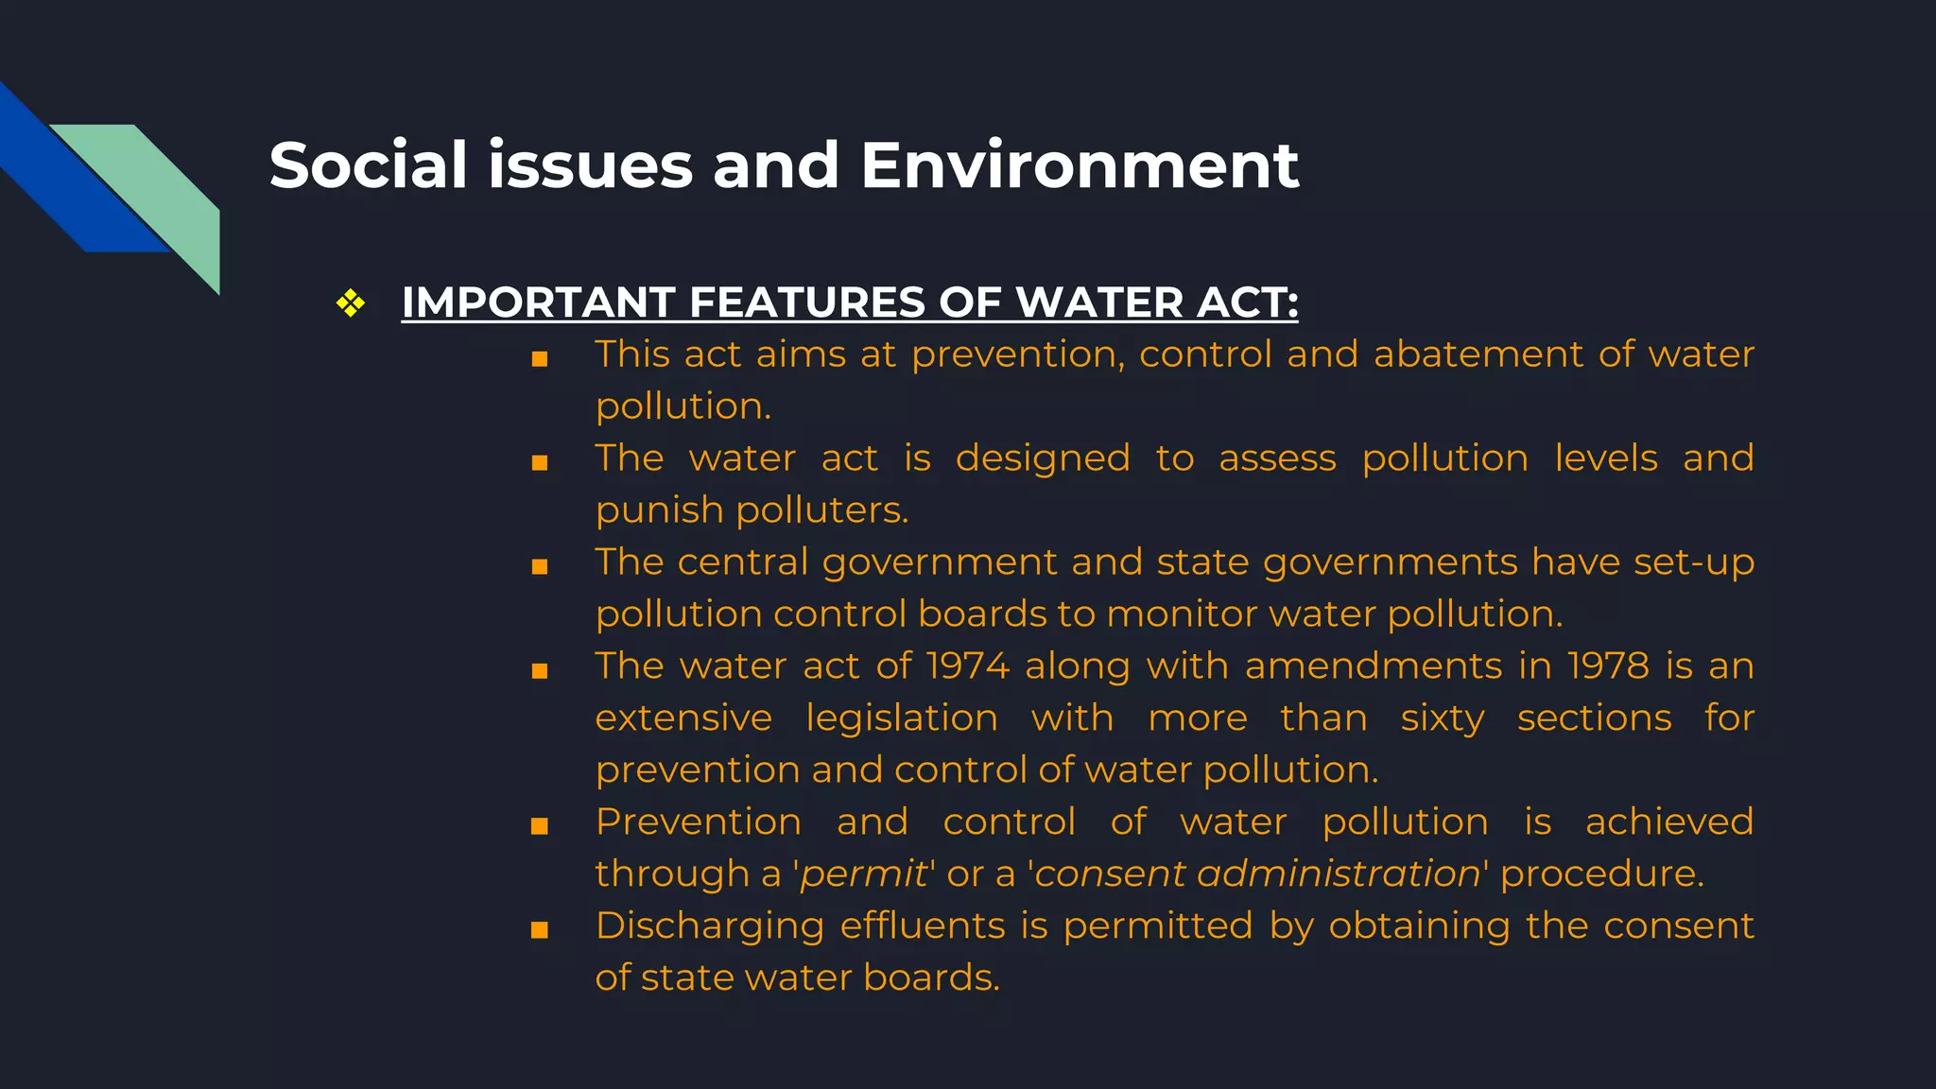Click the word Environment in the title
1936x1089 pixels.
pyautogui.click(x=1080, y=165)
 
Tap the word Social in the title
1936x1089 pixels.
pyautogui.click(x=369, y=165)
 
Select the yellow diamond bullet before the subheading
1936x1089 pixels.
pyautogui.click(x=351, y=303)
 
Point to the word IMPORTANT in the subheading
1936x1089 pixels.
pyautogui.click(x=538, y=303)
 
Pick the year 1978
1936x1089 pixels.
pyautogui.click(x=1608, y=666)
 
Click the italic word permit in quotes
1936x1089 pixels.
pyautogui.click(x=864, y=874)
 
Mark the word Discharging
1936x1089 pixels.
pyautogui.click(x=709, y=926)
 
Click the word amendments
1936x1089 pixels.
pyautogui.click(x=1373, y=666)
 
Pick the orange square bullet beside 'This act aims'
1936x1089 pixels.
pyautogui.click(x=540, y=359)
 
